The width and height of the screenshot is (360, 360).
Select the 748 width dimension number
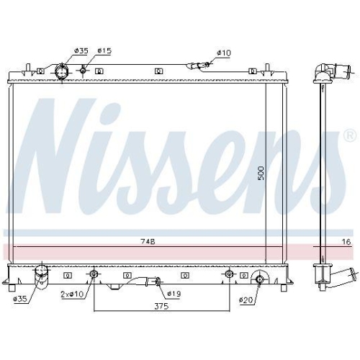148,243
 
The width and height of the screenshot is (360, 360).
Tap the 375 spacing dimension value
161,307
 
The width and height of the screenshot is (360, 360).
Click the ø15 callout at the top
104,50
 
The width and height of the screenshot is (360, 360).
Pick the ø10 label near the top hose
224,53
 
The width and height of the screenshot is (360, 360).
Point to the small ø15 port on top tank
84,70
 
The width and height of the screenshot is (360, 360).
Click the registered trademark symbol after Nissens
348,135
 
